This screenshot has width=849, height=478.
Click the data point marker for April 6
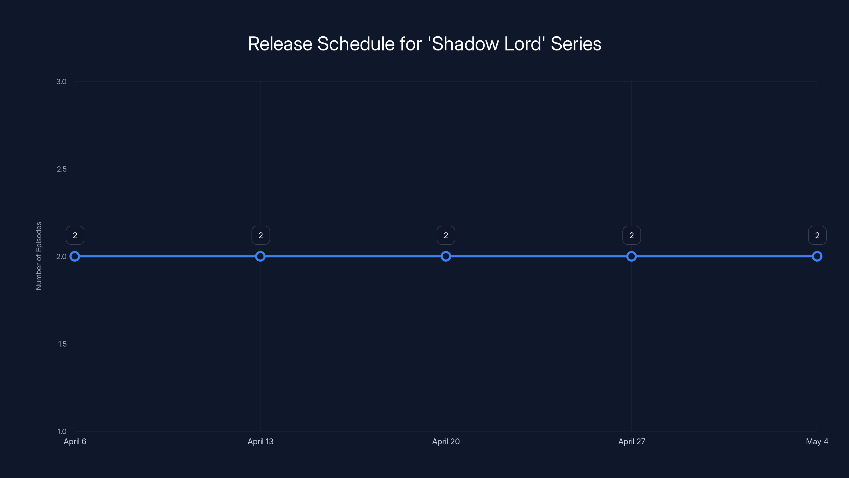[x=75, y=256]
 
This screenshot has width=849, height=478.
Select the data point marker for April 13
[x=260, y=256]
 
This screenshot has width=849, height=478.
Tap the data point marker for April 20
[x=446, y=256]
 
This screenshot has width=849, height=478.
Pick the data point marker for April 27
[x=631, y=256]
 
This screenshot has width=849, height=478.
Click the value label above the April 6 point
[x=75, y=235]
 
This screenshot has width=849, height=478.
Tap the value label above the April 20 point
[x=446, y=235]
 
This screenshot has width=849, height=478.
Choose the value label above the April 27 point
[x=631, y=235]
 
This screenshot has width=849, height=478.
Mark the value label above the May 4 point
[x=817, y=235]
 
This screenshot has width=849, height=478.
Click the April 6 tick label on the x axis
[x=75, y=441]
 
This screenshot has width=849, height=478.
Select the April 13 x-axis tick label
[x=260, y=441]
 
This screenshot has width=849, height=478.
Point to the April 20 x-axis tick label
[x=446, y=441]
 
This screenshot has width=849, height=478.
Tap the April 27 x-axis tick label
[x=631, y=441]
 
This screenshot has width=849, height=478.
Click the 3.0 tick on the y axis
[x=61, y=82]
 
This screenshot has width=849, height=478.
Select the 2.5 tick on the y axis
[x=61, y=169]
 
